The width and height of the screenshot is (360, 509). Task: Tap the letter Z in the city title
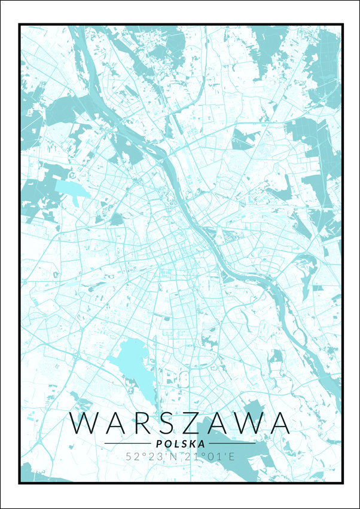coord(201,423)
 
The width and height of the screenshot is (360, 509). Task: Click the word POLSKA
coord(179,444)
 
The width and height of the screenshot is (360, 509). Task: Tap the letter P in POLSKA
coord(157,444)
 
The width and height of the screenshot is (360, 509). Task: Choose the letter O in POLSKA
coord(166,444)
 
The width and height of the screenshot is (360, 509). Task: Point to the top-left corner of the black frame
coord(20,25)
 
